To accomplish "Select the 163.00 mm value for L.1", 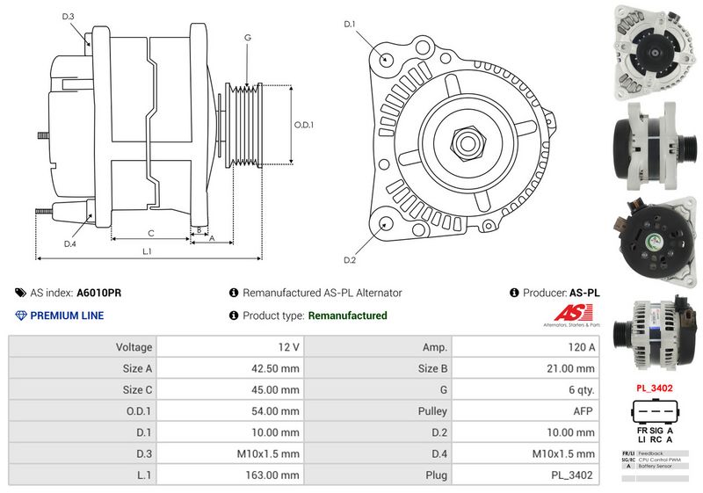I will click(x=272, y=475).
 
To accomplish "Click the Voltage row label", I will click(x=134, y=347).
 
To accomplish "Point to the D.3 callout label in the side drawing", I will click(x=69, y=17).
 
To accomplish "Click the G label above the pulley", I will click(x=248, y=38).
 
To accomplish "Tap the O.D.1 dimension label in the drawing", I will click(x=303, y=125).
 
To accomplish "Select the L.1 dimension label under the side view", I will click(x=148, y=252).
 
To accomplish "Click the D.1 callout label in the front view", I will click(x=349, y=24).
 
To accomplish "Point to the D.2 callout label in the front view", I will click(x=349, y=260).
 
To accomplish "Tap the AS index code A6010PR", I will click(x=100, y=293).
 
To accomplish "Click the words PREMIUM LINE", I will click(x=67, y=315).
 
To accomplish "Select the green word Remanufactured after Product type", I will click(x=348, y=315).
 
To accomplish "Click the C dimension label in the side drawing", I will click(x=151, y=233).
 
